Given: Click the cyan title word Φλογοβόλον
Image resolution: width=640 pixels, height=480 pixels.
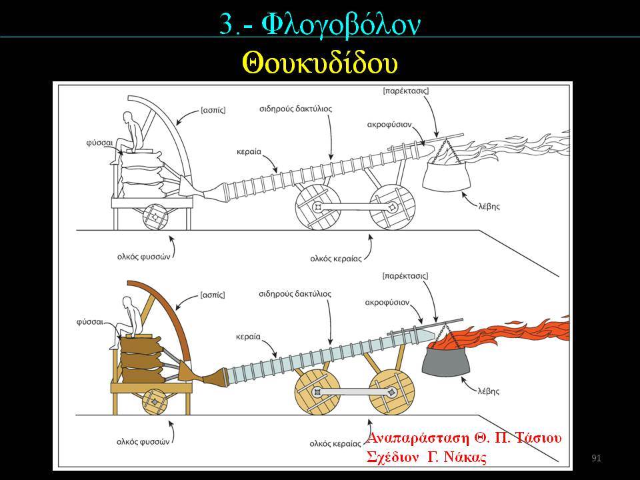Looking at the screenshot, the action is pos(341,24).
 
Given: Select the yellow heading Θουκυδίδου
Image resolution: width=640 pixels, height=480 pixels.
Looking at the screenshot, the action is pos(320,63).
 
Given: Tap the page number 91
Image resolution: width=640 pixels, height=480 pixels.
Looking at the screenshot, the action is pos(596,458).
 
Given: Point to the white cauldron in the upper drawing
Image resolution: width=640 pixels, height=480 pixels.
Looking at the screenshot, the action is pos(446,176).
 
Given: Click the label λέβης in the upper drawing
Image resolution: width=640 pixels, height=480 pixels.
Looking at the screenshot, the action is pos(489,206).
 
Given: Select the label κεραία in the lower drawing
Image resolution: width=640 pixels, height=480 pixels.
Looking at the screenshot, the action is pos(248,337).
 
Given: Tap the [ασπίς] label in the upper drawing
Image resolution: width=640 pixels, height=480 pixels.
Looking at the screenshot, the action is pos(213,110).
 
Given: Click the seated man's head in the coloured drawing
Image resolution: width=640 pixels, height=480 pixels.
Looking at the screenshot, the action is pos(129,303).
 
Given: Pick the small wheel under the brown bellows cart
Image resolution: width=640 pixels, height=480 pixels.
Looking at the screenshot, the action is pos(155,401).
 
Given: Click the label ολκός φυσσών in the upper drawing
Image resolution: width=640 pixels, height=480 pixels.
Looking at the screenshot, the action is pos(143,257).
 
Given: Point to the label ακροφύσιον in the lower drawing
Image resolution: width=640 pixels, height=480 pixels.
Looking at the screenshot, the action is pos(387,303).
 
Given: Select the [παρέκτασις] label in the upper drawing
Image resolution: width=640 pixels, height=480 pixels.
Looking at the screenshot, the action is pos(406,91).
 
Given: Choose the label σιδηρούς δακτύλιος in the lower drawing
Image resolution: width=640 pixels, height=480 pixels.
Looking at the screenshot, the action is pos(295,294).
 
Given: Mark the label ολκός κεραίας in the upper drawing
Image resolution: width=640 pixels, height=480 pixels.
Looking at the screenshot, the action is pos(336,259).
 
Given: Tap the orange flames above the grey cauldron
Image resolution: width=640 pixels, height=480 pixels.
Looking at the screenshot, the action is pos(506,333).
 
